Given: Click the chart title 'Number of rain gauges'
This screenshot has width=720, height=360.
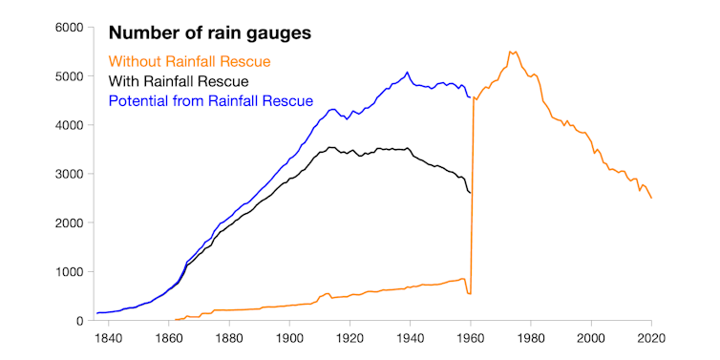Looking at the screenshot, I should click(210, 34).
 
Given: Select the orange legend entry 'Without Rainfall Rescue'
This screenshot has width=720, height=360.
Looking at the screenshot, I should click(190, 62).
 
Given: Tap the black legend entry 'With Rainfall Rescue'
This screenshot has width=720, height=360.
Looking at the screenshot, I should click(179, 81).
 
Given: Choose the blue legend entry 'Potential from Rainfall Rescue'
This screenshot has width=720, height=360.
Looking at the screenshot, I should click(211, 100).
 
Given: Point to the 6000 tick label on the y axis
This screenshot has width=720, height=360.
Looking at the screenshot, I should click(70, 28).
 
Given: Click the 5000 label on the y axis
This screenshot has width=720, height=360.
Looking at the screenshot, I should click(70, 76).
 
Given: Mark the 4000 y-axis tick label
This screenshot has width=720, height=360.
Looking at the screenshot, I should click(70, 125).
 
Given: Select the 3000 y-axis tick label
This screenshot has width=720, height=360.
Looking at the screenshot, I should click(70, 174).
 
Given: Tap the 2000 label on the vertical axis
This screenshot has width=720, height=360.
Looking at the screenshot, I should click(70, 222).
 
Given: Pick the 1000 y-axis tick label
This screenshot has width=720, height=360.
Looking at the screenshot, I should click(70, 271).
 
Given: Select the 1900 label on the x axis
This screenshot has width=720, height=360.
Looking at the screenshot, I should click(289, 338).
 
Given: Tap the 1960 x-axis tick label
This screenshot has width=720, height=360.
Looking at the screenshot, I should click(471, 338).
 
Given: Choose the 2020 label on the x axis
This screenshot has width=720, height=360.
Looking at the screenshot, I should click(651, 338).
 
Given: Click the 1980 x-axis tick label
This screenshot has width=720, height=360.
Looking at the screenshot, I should click(531, 338).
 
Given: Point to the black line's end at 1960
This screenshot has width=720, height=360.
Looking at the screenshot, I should click(470, 193).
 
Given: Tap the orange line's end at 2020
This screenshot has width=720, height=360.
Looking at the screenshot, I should click(651, 198).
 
